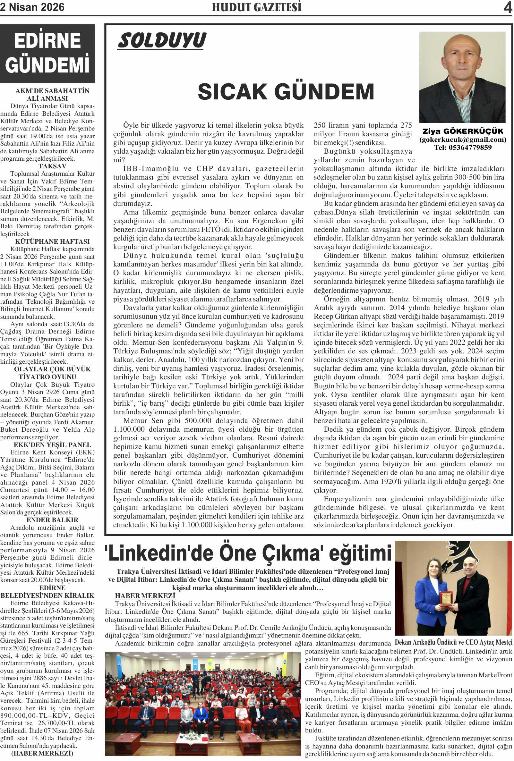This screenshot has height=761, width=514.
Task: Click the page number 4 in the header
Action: coord(508,7)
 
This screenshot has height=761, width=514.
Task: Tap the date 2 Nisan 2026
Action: coord(32,7)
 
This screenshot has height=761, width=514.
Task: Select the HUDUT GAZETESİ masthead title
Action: coord(256,7)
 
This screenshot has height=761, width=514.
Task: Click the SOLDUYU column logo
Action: coord(162,41)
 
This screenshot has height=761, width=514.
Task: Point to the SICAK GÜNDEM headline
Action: coord(286,91)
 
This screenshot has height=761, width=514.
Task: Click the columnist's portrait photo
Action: coord(462,78)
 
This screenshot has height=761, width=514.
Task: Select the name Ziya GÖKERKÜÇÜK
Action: coord(463,131)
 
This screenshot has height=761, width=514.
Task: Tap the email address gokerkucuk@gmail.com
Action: coord(463,140)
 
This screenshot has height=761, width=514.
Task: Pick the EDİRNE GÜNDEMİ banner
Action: coord(47,53)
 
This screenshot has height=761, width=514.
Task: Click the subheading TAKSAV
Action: coord(52,166)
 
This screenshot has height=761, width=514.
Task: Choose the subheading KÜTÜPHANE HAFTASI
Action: coord(52,241)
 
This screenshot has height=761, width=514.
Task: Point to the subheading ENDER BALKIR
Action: coord(52,520)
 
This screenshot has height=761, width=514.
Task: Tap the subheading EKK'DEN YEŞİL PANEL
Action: coord(52,445)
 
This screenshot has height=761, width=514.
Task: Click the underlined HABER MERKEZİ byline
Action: coord(145,596)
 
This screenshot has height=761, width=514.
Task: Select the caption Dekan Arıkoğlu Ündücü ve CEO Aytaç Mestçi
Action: coord(453,642)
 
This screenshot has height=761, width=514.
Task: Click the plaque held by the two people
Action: coord(446,598)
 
